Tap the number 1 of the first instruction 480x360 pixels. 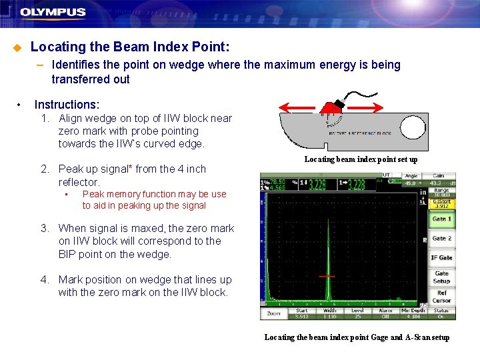(x=43, y=119)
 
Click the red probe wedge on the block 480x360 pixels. (x=331, y=107)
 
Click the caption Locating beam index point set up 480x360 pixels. (x=361, y=159)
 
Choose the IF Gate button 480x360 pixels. (x=441, y=257)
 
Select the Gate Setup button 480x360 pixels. (x=441, y=277)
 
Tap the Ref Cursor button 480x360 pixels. (x=441, y=297)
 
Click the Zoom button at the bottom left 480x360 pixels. (x=274, y=313)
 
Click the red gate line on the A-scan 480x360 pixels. (x=327, y=276)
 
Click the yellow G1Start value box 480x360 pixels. (x=441, y=203)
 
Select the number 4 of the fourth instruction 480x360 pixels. (x=43, y=280)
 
